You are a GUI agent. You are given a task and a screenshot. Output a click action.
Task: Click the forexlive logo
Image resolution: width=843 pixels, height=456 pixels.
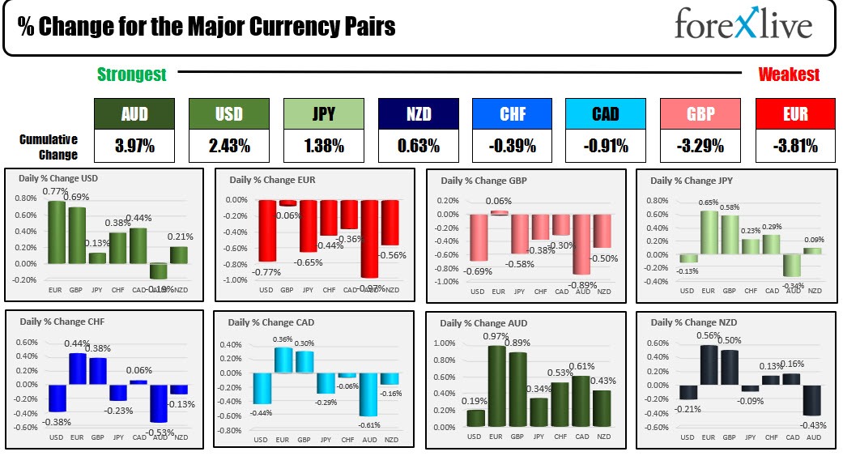tap(743, 26)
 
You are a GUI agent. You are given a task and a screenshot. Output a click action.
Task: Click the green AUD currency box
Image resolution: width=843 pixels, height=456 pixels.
tap(134, 114)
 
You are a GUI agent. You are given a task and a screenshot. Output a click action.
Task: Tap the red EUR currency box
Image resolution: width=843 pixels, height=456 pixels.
tap(795, 114)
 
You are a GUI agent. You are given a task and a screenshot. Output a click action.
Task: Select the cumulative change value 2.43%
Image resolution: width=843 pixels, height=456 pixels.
tap(229, 147)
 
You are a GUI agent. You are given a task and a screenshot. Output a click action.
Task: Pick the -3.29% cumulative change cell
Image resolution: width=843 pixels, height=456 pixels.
tap(700, 147)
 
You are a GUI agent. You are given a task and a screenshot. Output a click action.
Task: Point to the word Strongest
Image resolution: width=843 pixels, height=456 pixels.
tap(132, 75)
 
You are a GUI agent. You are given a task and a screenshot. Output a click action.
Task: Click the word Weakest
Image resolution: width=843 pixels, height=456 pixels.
tap(788, 75)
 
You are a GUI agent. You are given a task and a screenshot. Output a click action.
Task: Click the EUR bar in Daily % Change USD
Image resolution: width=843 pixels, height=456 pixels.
tap(57, 232)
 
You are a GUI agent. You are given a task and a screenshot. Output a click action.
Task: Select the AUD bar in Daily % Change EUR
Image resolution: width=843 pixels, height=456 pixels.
tap(369, 238)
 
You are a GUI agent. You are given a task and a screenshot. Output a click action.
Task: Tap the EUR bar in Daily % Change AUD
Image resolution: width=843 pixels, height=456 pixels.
tap(497, 386)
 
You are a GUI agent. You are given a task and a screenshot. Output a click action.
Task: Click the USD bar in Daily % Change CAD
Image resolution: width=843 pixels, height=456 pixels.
tap(261, 387)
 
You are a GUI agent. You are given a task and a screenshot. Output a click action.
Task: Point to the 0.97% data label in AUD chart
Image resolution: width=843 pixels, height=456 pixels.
tap(496, 337)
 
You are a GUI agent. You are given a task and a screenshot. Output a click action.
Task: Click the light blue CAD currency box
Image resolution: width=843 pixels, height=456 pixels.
tap(605, 114)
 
